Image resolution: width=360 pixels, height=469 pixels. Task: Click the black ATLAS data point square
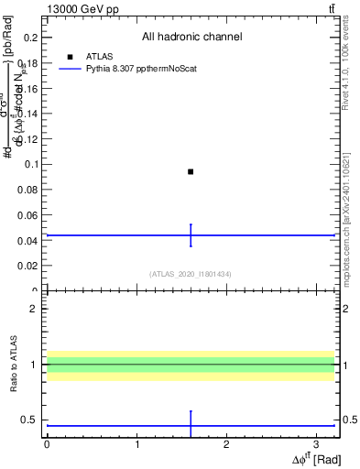click(191, 171)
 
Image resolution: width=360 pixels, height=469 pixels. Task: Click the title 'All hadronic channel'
click(191, 37)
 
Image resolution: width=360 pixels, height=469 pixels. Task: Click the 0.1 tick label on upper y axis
click(33, 165)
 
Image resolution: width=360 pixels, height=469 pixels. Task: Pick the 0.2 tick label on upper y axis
click(33, 38)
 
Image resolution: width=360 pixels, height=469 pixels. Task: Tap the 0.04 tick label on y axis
click(30, 241)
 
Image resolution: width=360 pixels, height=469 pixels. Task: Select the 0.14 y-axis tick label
click(30, 114)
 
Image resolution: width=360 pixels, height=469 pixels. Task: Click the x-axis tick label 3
click(316, 443)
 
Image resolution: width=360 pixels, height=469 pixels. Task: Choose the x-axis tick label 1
click(136, 443)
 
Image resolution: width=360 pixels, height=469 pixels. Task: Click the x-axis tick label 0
click(47, 443)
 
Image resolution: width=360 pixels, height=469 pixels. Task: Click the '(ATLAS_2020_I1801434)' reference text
click(191, 274)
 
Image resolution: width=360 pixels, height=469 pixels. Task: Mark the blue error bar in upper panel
click(191, 235)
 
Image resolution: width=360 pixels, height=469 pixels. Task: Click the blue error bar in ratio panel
click(191, 424)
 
